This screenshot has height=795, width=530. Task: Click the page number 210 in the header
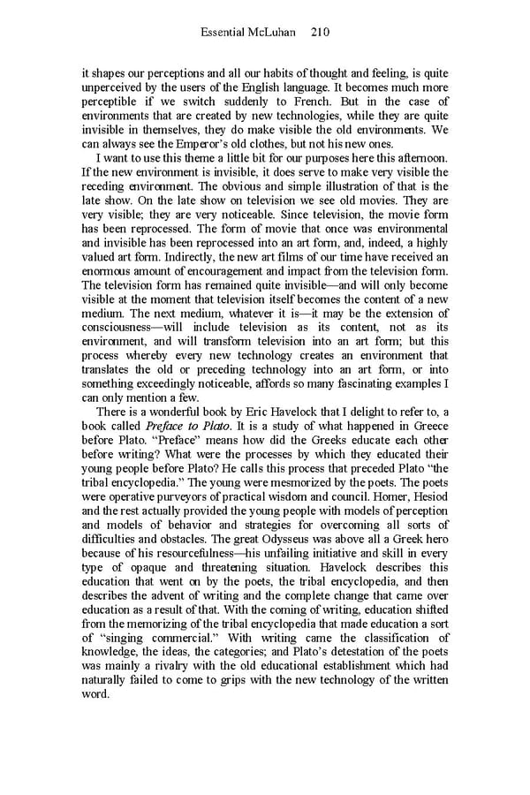coord(321,33)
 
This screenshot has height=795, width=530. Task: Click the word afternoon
coord(418,159)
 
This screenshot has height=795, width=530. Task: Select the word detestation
coord(362,652)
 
